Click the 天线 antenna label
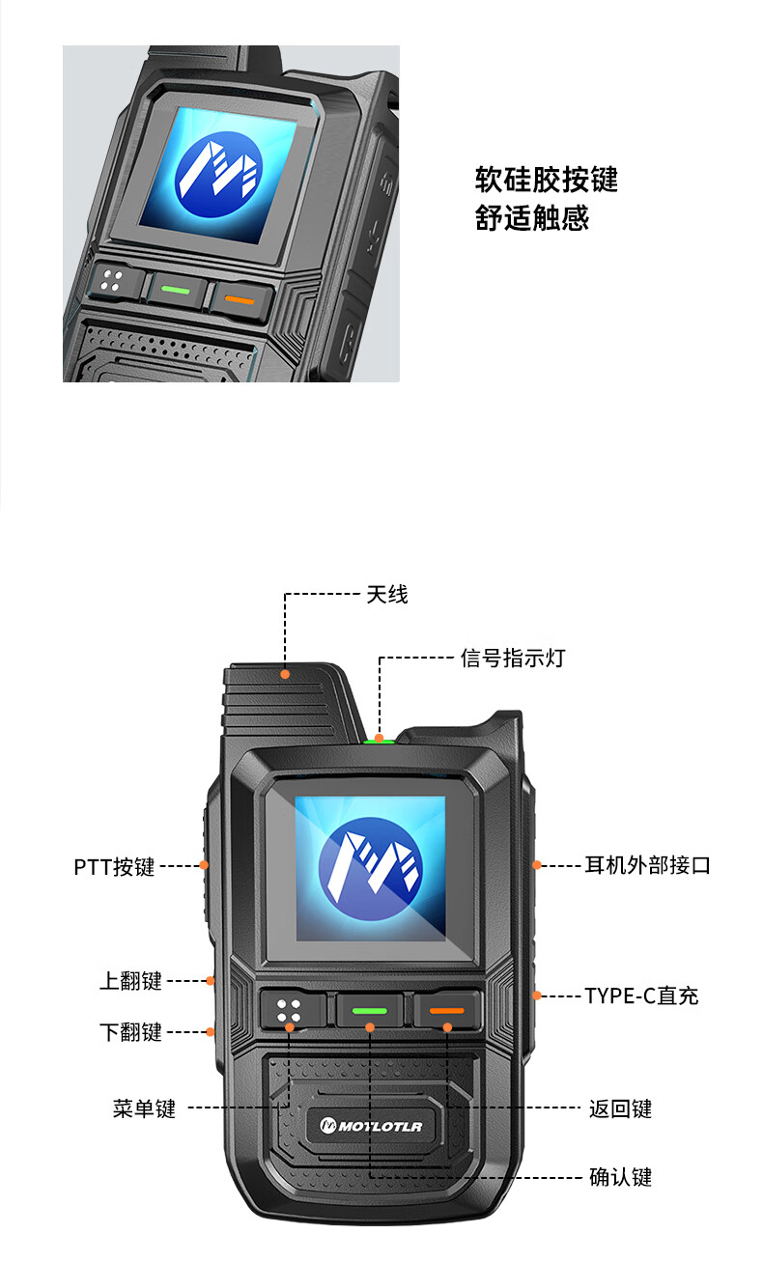(386, 595)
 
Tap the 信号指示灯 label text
(512, 658)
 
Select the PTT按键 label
(114, 866)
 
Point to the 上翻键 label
(130, 981)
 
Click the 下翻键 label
(130, 1032)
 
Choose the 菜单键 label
(144, 1108)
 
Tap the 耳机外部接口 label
(647, 865)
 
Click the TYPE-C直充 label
(641, 996)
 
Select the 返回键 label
(620, 1108)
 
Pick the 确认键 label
(620, 1177)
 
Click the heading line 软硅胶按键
(546, 180)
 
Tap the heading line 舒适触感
(531, 217)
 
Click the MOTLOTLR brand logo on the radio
(371, 1126)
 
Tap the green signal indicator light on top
(379, 742)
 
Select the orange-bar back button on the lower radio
(447, 1010)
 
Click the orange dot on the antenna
(285, 674)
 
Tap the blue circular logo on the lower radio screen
(370, 869)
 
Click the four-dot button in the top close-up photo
(113, 281)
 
